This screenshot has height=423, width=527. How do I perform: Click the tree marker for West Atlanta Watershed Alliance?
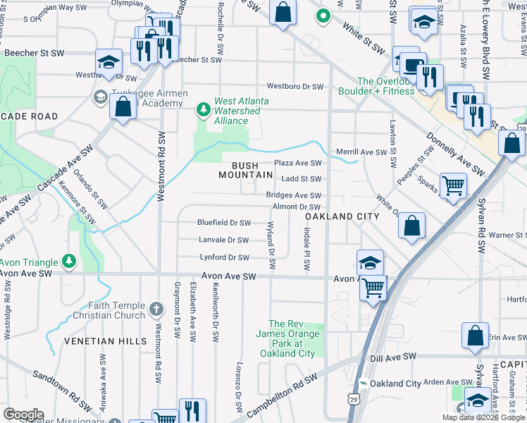(203, 109)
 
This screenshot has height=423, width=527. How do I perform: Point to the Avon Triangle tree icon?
(68, 262)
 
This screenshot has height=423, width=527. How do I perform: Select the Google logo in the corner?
(23, 414)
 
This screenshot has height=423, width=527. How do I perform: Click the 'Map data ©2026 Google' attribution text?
(483, 417)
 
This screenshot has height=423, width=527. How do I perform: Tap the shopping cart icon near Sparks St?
(453, 186)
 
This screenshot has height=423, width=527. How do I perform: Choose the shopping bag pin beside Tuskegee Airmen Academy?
(123, 108)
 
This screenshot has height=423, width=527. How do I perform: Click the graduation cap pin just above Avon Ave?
(370, 262)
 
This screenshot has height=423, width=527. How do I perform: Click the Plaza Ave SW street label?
(297, 163)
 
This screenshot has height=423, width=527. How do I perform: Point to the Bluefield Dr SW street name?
(224, 223)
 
